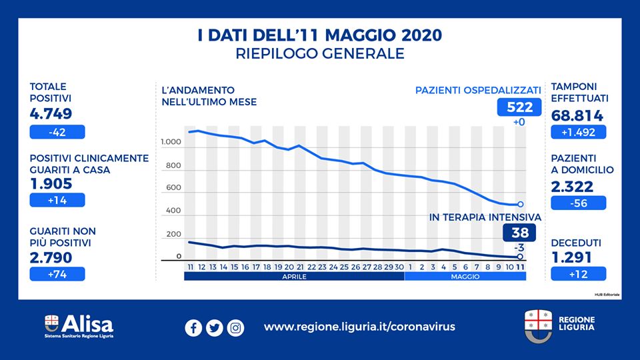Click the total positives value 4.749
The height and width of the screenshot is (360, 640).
51,113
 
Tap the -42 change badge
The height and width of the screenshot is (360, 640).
57,132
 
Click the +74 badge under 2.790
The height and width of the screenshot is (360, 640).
57,273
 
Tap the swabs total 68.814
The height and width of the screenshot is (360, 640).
577,116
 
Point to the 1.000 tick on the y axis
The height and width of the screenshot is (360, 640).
171,143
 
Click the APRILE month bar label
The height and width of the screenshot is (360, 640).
294,275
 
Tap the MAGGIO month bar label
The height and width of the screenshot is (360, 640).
465,275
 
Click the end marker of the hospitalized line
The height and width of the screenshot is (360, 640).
520,205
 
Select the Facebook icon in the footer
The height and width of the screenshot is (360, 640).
193,327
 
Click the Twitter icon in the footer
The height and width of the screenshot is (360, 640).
215,327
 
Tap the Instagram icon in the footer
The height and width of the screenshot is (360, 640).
235,327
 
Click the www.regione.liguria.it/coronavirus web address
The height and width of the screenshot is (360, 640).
359,327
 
